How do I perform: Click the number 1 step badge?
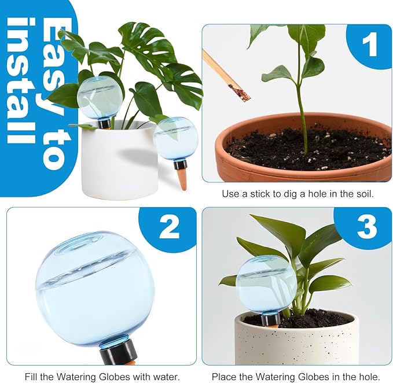pos(370,45)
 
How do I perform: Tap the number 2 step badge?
pos(169,228)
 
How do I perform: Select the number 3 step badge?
pos(366,228)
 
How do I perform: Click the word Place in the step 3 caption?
pos(224,377)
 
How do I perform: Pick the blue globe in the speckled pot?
pos(266,284)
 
